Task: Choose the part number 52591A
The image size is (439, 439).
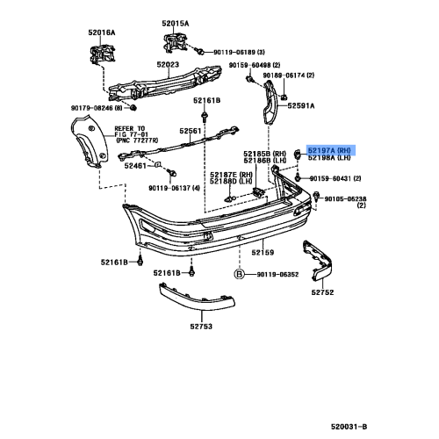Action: point(321,105)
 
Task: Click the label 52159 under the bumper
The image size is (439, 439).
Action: point(263,253)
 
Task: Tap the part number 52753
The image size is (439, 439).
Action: point(199,327)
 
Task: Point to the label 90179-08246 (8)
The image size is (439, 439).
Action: point(98,108)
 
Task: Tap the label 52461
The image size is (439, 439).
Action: point(135,165)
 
